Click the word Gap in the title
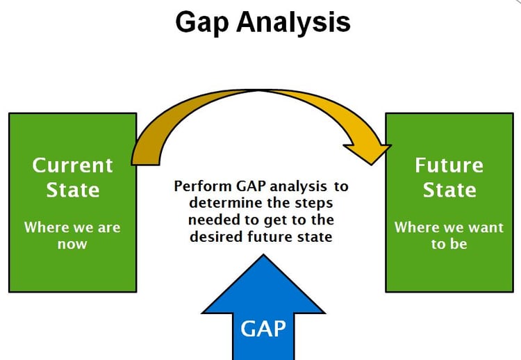(202, 23)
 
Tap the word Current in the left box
(72, 165)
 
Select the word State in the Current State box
(72, 190)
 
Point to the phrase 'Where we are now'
(72, 235)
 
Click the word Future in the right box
(449, 165)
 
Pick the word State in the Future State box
(449, 190)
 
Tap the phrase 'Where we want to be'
(449, 235)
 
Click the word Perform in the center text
(198, 186)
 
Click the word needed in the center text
(210, 219)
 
